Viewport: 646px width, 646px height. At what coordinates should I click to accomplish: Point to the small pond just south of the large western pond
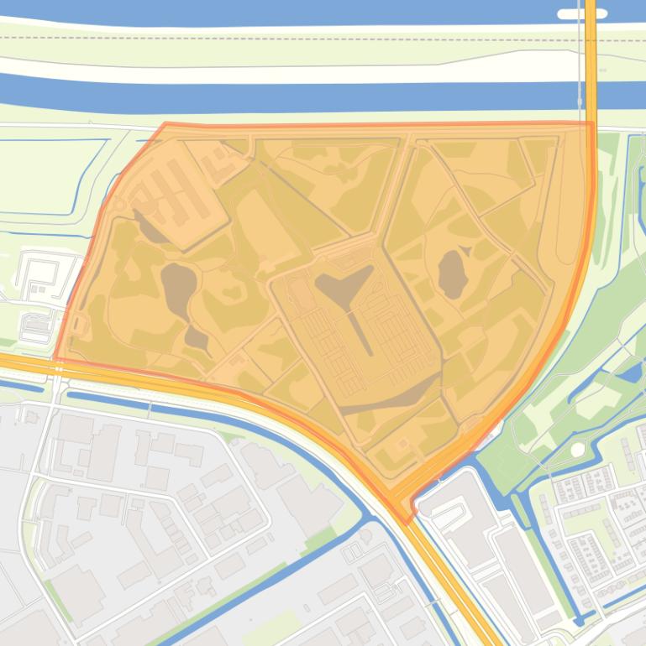click(x=197, y=339)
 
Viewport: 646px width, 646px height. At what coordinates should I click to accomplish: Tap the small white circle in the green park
click(x=576, y=450)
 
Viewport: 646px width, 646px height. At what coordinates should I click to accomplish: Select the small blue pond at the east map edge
click(x=631, y=373)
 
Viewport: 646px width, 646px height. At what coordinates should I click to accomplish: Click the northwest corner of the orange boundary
click(x=165, y=124)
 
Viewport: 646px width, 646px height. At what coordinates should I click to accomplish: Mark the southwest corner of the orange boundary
click(x=55, y=360)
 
